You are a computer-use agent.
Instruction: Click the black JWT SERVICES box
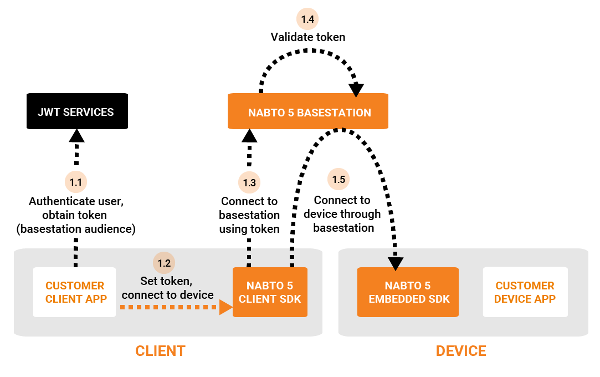tap(77, 112)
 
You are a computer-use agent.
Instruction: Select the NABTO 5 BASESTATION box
tap(309, 113)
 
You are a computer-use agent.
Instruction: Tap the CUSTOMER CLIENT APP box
tap(75, 292)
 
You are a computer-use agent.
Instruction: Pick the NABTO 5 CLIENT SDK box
tap(270, 292)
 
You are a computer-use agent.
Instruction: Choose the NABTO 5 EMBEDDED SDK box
tap(408, 292)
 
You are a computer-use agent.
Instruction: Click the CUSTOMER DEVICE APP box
tap(525, 292)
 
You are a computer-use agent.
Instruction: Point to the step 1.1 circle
tap(76, 181)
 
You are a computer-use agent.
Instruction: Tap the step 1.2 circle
tap(164, 263)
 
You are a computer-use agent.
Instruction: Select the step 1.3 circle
tap(249, 182)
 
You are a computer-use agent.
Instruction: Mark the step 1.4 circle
tap(307, 19)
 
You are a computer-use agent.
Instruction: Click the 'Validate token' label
tap(307, 37)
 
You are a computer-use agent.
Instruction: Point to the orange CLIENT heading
tap(160, 351)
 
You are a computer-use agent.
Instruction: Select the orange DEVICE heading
tap(461, 351)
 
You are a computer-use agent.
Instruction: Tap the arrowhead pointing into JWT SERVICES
tap(76, 135)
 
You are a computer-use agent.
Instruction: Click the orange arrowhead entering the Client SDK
tap(225, 307)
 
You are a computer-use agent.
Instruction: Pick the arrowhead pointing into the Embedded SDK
tap(396, 263)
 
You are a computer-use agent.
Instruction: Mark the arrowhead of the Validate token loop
tap(356, 89)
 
